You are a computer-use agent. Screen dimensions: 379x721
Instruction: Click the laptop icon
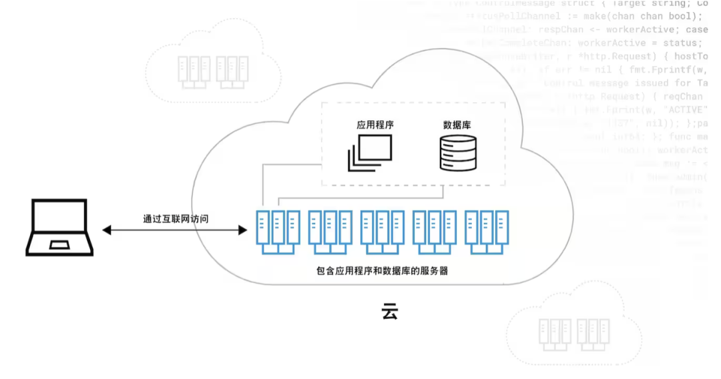click(59, 228)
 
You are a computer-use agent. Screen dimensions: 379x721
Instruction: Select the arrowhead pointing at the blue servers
click(242, 230)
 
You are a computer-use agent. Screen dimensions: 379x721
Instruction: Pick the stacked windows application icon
click(369, 153)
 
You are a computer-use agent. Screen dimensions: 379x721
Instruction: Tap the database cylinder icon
click(458, 153)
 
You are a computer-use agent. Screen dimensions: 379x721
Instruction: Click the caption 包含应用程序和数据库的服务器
click(382, 272)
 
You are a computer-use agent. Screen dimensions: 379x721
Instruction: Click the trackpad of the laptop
click(59, 244)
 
